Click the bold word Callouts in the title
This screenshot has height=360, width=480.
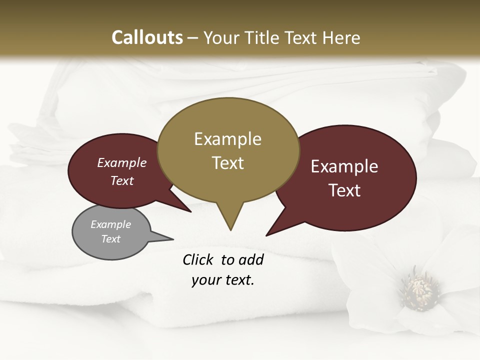[147, 37]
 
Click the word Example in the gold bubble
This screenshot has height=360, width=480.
[227, 139]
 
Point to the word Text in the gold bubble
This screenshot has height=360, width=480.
[227, 163]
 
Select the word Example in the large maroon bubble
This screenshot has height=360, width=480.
[344, 166]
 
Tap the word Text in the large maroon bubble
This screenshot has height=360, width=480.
[344, 190]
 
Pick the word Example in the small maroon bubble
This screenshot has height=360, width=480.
[122, 163]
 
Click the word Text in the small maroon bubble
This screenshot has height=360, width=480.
[122, 181]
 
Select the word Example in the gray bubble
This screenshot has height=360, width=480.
[110, 225]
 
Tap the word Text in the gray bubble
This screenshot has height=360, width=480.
[110, 239]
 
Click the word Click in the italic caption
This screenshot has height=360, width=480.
[199, 260]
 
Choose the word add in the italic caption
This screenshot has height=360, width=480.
[250, 260]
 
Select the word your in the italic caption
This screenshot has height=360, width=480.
[204, 280]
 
